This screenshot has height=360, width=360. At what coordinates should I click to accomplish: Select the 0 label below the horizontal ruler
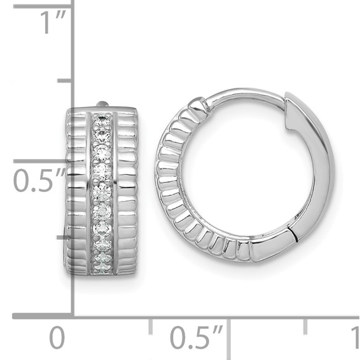pos(57,337)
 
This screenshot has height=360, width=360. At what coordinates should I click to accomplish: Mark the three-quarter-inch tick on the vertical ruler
pos(64,81)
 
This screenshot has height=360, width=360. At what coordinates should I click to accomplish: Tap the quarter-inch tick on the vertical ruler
pos(64,237)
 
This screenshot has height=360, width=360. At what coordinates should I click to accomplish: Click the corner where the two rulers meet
pos(73,315)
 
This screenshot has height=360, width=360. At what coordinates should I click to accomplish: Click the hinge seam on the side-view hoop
pos(294,236)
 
